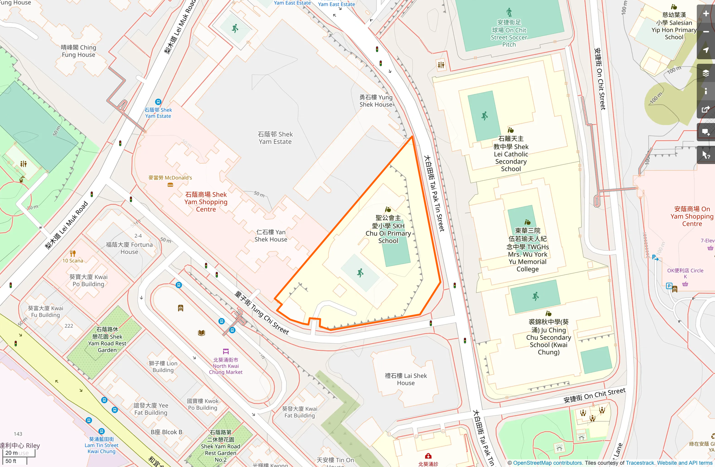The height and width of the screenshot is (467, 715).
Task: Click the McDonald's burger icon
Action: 170,185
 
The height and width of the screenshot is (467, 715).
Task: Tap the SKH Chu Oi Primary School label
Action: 388,229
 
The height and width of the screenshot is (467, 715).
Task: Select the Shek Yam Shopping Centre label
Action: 206,202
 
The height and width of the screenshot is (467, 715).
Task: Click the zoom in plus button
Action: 706,14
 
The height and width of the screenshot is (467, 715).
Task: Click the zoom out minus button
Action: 706,32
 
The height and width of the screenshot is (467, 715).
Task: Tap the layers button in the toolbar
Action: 706,73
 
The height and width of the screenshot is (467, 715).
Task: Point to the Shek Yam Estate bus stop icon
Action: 158,102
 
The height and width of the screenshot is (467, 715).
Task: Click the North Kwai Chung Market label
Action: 226,366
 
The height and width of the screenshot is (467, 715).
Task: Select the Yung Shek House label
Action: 376,101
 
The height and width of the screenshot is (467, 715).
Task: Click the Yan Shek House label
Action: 271,236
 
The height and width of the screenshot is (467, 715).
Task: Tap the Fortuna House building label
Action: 129,248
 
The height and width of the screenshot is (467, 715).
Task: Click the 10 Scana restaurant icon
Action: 73,253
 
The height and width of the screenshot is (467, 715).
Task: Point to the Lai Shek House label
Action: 406,379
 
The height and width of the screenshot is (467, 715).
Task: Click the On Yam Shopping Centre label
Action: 691,216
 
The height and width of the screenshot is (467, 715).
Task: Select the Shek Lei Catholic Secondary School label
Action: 511,154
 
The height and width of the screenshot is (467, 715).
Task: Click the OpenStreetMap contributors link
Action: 547,463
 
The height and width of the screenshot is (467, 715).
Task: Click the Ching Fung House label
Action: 79,51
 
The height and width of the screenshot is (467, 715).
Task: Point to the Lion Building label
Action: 163,367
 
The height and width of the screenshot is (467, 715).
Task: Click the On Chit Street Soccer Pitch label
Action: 509,33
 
